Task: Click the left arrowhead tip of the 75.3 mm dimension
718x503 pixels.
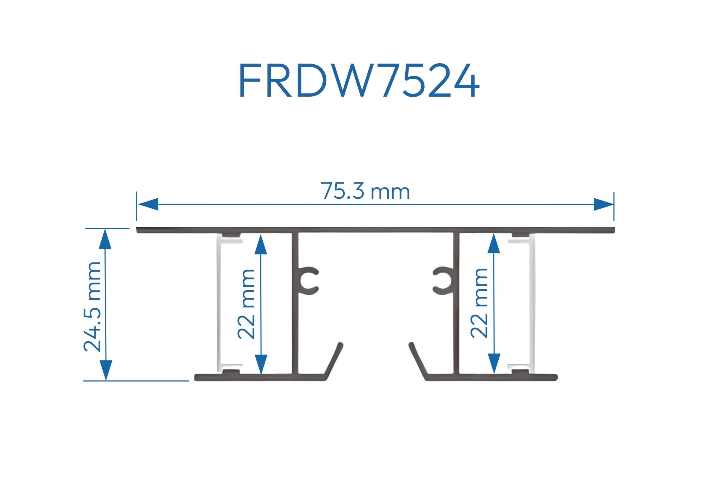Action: point(137,204)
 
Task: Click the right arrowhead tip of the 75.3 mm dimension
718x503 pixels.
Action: point(614,204)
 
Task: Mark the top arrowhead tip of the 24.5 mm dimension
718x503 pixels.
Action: point(106,229)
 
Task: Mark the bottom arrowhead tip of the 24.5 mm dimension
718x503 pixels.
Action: point(106,380)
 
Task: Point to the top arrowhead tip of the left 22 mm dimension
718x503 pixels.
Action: point(261,234)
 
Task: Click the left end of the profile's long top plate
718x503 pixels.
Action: point(137,230)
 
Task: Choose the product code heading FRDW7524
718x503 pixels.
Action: point(359,81)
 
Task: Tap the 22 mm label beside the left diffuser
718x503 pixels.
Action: point(246,304)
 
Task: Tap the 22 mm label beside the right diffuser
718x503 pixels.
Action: point(479,303)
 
